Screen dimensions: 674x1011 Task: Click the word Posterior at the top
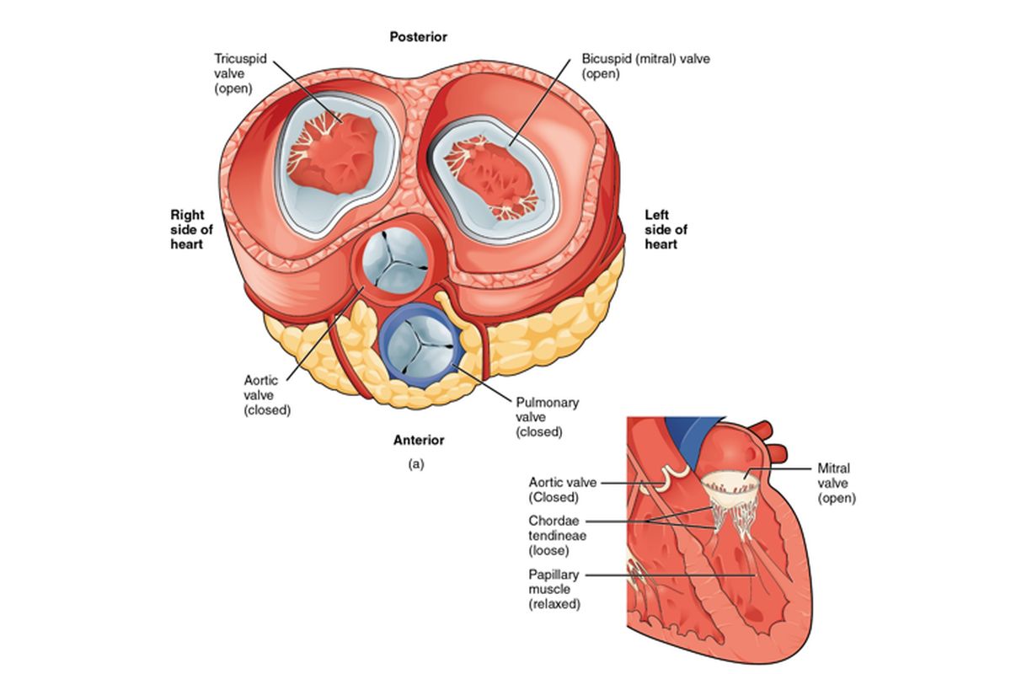[x=418, y=37]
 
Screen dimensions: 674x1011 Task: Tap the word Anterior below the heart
[x=419, y=440]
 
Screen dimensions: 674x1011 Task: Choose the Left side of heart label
[x=666, y=230]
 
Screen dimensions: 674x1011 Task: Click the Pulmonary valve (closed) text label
[x=547, y=417]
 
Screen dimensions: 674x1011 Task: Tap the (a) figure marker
[x=415, y=463]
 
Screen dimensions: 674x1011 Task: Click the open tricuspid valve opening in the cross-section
[x=333, y=156]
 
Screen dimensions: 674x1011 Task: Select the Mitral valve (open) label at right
[x=835, y=483]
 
